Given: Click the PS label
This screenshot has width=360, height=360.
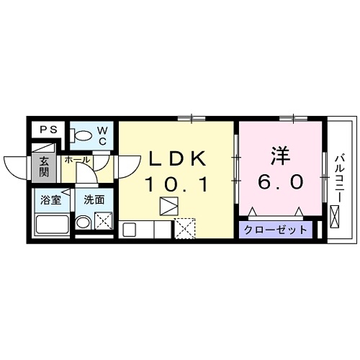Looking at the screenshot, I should point(48,130).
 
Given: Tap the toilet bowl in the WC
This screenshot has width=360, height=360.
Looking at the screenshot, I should point(81,135).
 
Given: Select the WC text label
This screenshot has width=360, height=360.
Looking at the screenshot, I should point(102,135).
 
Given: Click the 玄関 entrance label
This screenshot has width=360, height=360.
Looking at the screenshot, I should point(44,167).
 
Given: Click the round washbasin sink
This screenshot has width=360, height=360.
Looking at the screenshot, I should point(84,223).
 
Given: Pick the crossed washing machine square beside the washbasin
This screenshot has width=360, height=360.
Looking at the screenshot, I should point(104,222).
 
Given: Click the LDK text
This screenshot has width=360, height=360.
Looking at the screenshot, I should point(178,158).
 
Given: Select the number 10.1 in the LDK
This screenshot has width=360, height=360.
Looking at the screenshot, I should point(177,185).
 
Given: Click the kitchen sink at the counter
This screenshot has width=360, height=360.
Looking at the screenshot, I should point(130,230).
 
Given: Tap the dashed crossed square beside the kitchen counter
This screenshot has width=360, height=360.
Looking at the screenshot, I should point(184,230).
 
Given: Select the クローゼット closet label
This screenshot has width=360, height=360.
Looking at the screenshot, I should point(274,230).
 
